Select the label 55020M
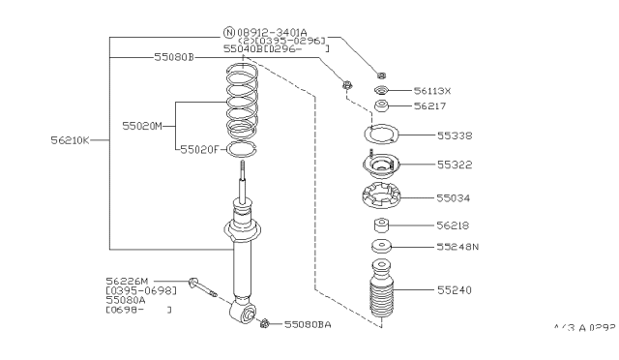142,126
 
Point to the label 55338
455,136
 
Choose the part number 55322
455,165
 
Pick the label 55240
455,289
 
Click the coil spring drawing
241,102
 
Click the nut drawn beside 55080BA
264,322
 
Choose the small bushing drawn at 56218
380,226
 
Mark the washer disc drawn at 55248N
383,246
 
